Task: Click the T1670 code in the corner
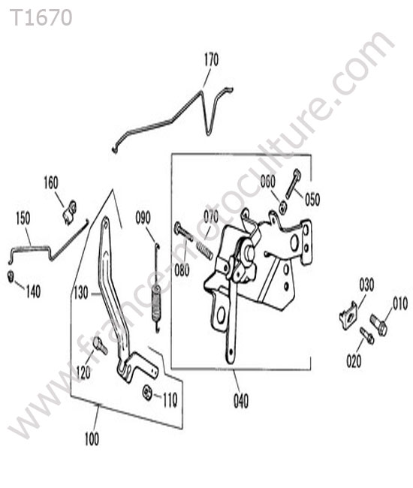41,18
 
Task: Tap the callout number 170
211,59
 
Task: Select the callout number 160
51,182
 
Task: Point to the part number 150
23,218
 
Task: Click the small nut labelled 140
11,276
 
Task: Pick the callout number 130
81,293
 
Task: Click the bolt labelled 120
100,345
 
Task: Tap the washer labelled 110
147,393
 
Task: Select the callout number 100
92,439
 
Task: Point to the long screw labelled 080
183,231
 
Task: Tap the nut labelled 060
282,207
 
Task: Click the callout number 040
241,401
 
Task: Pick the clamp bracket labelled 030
348,315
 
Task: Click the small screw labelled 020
366,335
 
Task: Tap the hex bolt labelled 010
378,324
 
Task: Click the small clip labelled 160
69,212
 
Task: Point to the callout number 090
143,218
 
